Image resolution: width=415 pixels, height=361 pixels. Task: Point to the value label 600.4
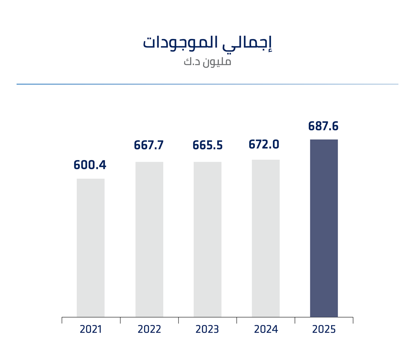coord(90,165)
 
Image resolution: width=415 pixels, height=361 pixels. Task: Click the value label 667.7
coord(149,145)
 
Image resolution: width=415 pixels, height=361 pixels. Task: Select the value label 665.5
coord(207,145)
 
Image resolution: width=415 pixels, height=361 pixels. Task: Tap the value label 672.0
coord(264,144)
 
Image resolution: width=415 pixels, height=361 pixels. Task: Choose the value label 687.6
coord(323,126)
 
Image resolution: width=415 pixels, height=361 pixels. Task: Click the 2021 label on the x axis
coord(91,330)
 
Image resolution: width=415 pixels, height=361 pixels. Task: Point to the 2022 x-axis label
coord(149,330)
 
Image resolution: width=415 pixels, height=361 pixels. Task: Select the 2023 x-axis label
coord(207,330)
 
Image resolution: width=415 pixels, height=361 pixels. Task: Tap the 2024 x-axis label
coord(266,330)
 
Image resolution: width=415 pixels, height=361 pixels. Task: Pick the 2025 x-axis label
coord(324,330)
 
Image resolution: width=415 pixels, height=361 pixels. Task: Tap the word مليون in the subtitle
coord(217,62)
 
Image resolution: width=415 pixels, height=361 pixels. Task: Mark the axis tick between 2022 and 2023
coord(179,320)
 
